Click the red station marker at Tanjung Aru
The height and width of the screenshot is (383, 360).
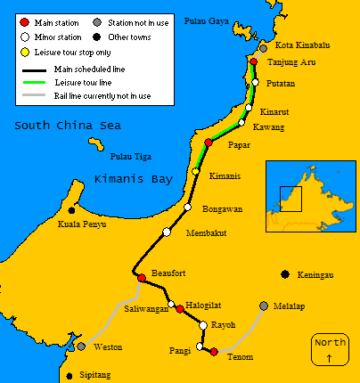[x=254, y=62]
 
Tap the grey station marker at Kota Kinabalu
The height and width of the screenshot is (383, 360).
[x=263, y=47]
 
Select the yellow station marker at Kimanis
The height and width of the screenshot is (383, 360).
[x=196, y=171]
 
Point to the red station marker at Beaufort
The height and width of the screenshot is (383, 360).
[x=141, y=279]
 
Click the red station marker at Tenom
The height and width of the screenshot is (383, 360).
[x=214, y=351]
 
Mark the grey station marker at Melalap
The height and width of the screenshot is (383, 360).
[x=263, y=306]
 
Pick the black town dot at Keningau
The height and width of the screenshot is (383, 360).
[x=284, y=274]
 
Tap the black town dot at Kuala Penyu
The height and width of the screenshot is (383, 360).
[x=72, y=210]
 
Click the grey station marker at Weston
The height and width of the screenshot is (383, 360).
[x=81, y=346]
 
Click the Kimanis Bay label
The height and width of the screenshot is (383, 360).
[x=133, y=179]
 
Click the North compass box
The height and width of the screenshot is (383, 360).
[x=330, y=348]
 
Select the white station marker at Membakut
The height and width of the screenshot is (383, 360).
[x=167, y=232]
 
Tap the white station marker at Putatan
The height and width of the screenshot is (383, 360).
[x=256, y=82]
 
